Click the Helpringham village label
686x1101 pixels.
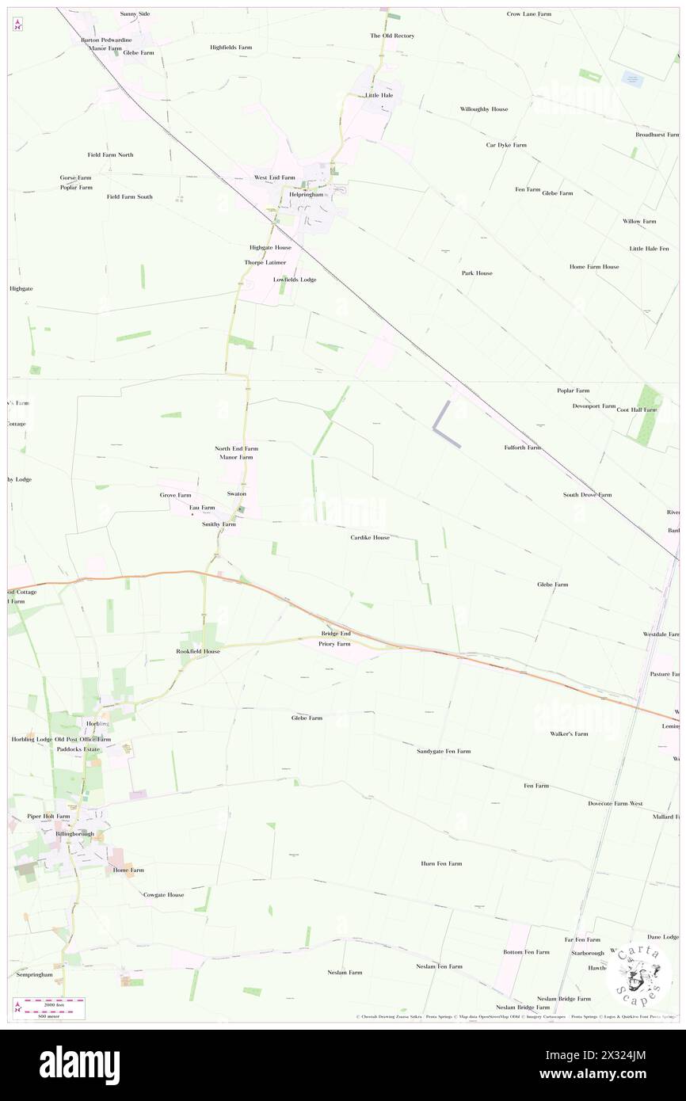[x=305, y=194]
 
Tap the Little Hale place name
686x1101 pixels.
[x=379, y=95]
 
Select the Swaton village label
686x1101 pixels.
[x=237, y=493]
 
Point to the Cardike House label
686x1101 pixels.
[x=370, y=537]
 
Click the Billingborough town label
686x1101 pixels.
[x=74, y=833]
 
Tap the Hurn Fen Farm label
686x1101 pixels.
[x=441, y=863]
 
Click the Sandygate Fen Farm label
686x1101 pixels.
[x=444, y=751]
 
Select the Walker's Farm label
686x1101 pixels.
[x=569, y=733]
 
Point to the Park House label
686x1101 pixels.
[x=477, y=272]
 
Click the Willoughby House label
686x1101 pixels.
[x=484, y=109]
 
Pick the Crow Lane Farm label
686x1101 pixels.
[x=529, y=14]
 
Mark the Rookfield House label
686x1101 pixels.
[x=198, y=651]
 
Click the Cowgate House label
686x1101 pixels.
[x=163, y=895]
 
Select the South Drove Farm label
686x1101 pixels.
[x=587, y=495]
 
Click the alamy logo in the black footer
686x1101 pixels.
[x=79, y=1065]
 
